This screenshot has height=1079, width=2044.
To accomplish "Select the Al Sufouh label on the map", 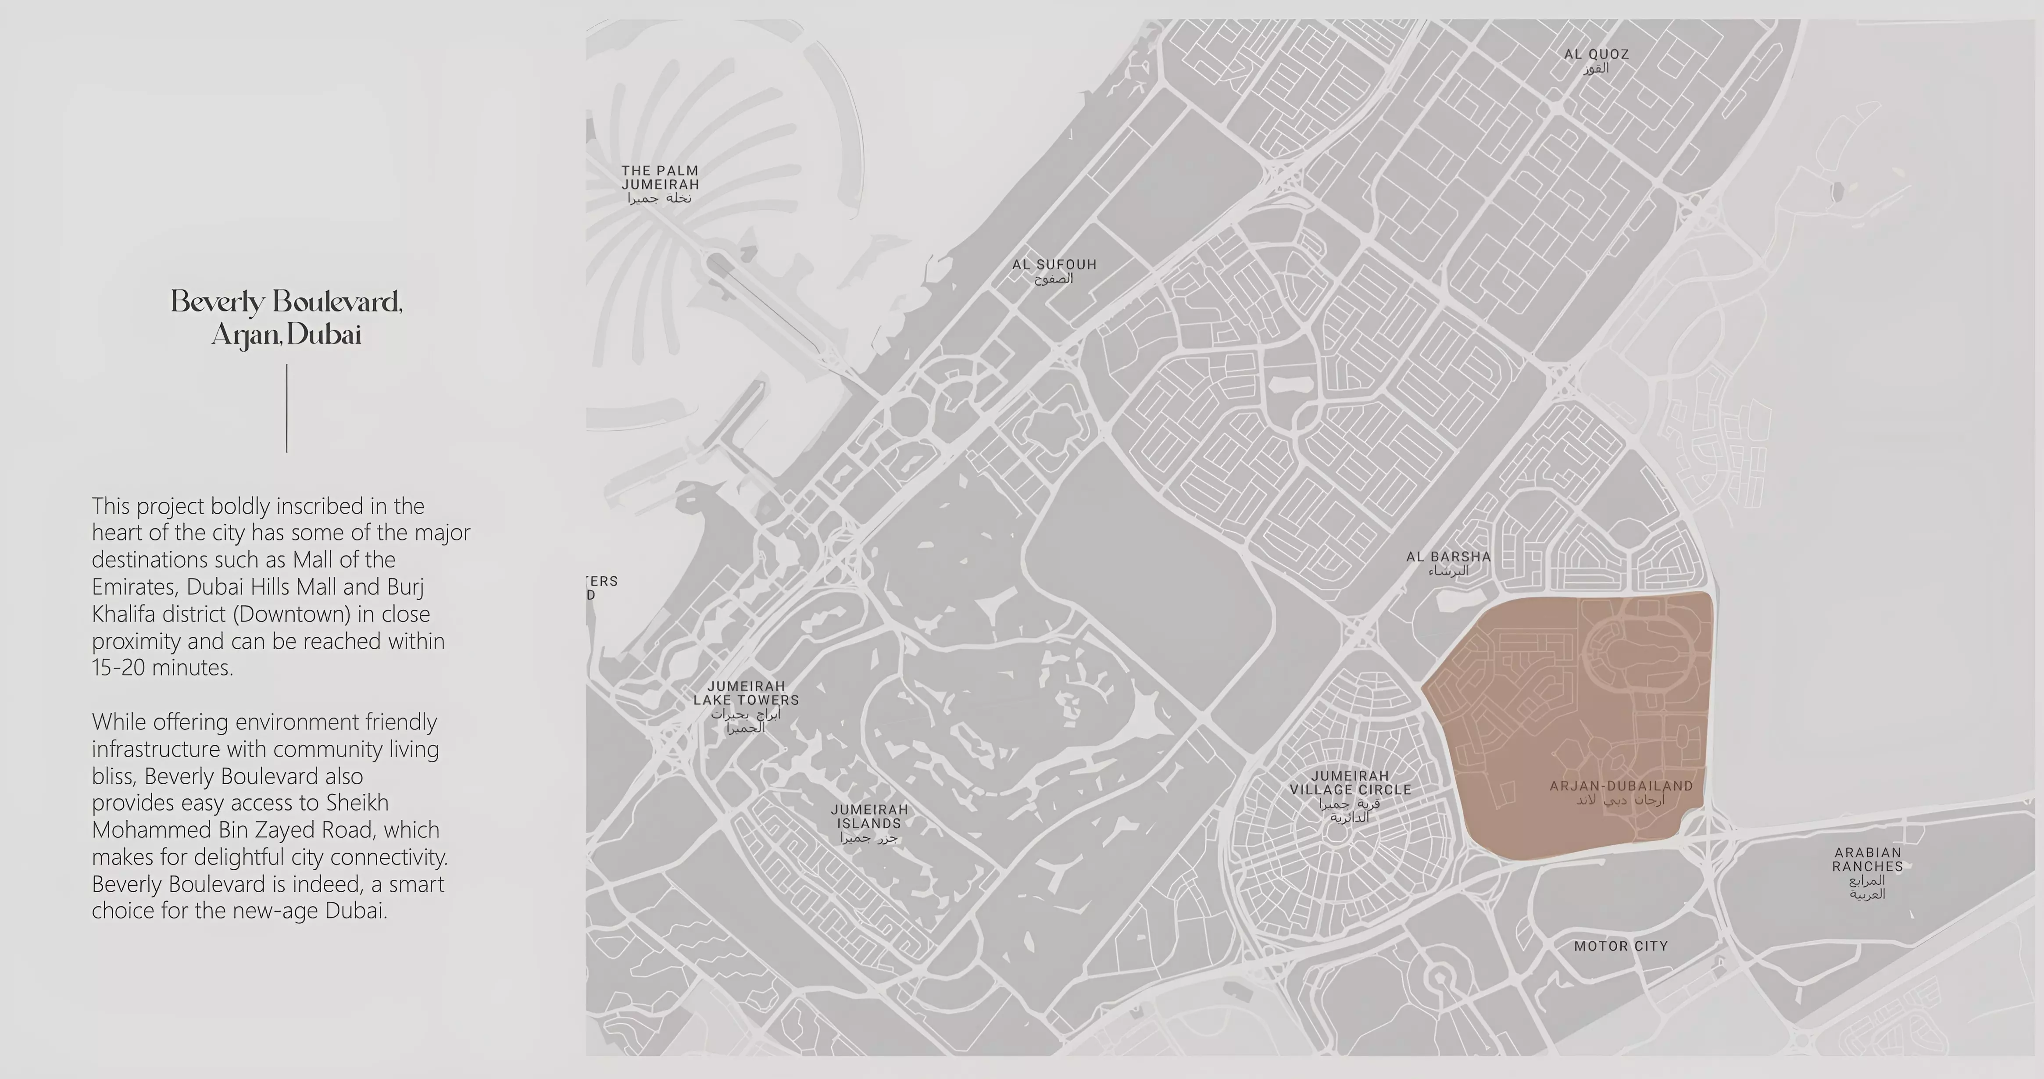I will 1054,271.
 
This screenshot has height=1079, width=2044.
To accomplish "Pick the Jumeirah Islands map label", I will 869,823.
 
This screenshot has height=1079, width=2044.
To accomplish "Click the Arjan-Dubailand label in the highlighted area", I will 1621,792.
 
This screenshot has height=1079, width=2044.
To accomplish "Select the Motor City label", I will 1620,946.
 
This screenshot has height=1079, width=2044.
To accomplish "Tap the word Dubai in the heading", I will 324,335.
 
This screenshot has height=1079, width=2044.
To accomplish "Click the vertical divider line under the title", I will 286,409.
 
